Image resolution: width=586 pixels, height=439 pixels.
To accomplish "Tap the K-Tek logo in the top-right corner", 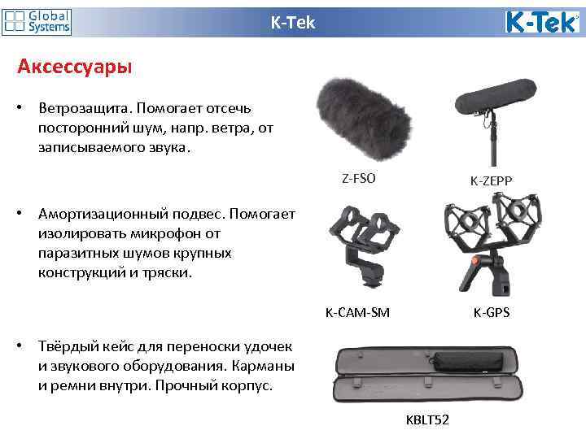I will point(541,22).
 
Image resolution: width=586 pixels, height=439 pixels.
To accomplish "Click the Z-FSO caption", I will point(359,178).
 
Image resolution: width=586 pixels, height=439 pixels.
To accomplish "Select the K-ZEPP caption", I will point(491,180).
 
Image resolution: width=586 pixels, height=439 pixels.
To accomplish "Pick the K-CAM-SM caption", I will point(357,311).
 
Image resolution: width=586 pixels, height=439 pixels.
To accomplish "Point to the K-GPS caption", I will point(492,311).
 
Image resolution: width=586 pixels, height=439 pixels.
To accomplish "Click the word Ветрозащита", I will point(84,108).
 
